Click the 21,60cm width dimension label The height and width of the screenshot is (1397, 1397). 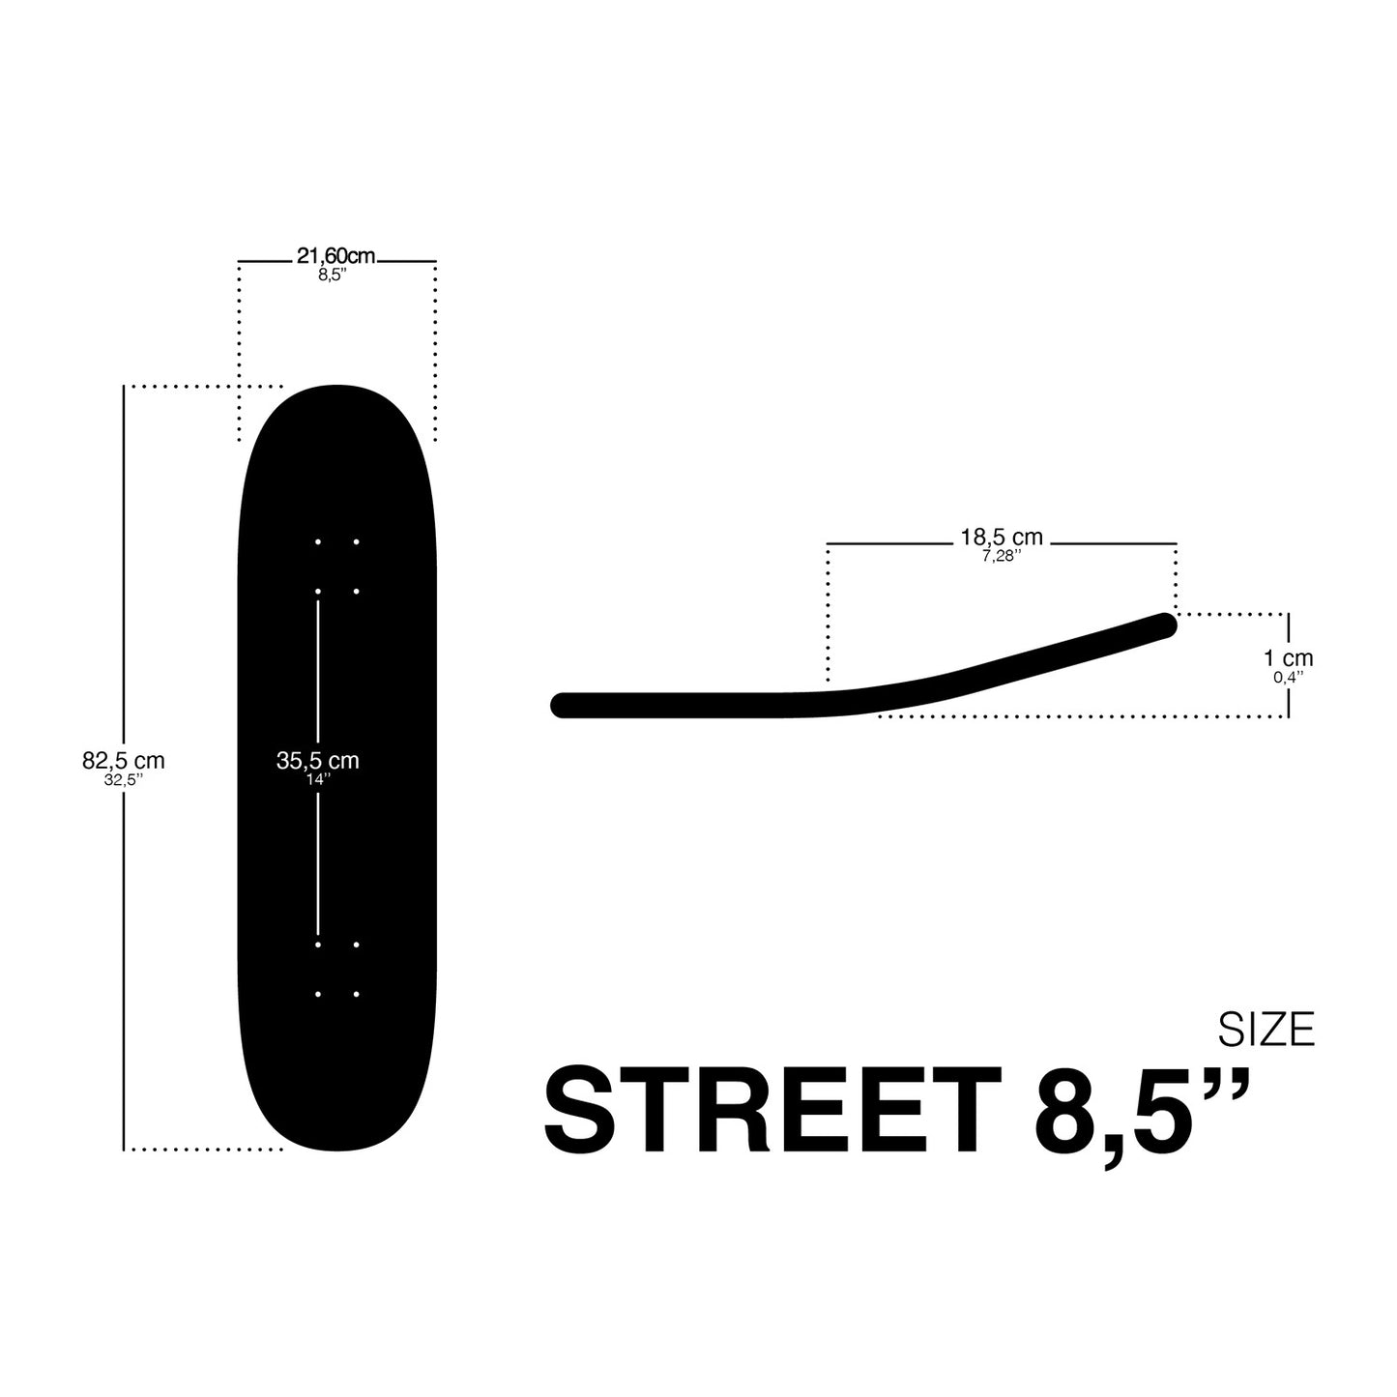[335, 256]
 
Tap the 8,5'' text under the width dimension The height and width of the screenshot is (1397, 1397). [334, 276]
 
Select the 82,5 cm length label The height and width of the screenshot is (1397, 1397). [123, 761]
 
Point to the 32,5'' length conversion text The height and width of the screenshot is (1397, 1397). [123, 780]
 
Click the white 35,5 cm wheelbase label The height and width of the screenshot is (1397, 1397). [317, 761]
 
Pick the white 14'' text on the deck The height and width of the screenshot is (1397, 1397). [318, 779]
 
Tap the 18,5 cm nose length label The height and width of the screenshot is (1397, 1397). [1002, 538]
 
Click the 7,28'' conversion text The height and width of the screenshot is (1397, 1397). [1002, 556]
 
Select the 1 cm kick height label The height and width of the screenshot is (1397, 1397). [1289, 658]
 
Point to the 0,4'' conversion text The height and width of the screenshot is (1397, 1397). [1289, 677]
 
